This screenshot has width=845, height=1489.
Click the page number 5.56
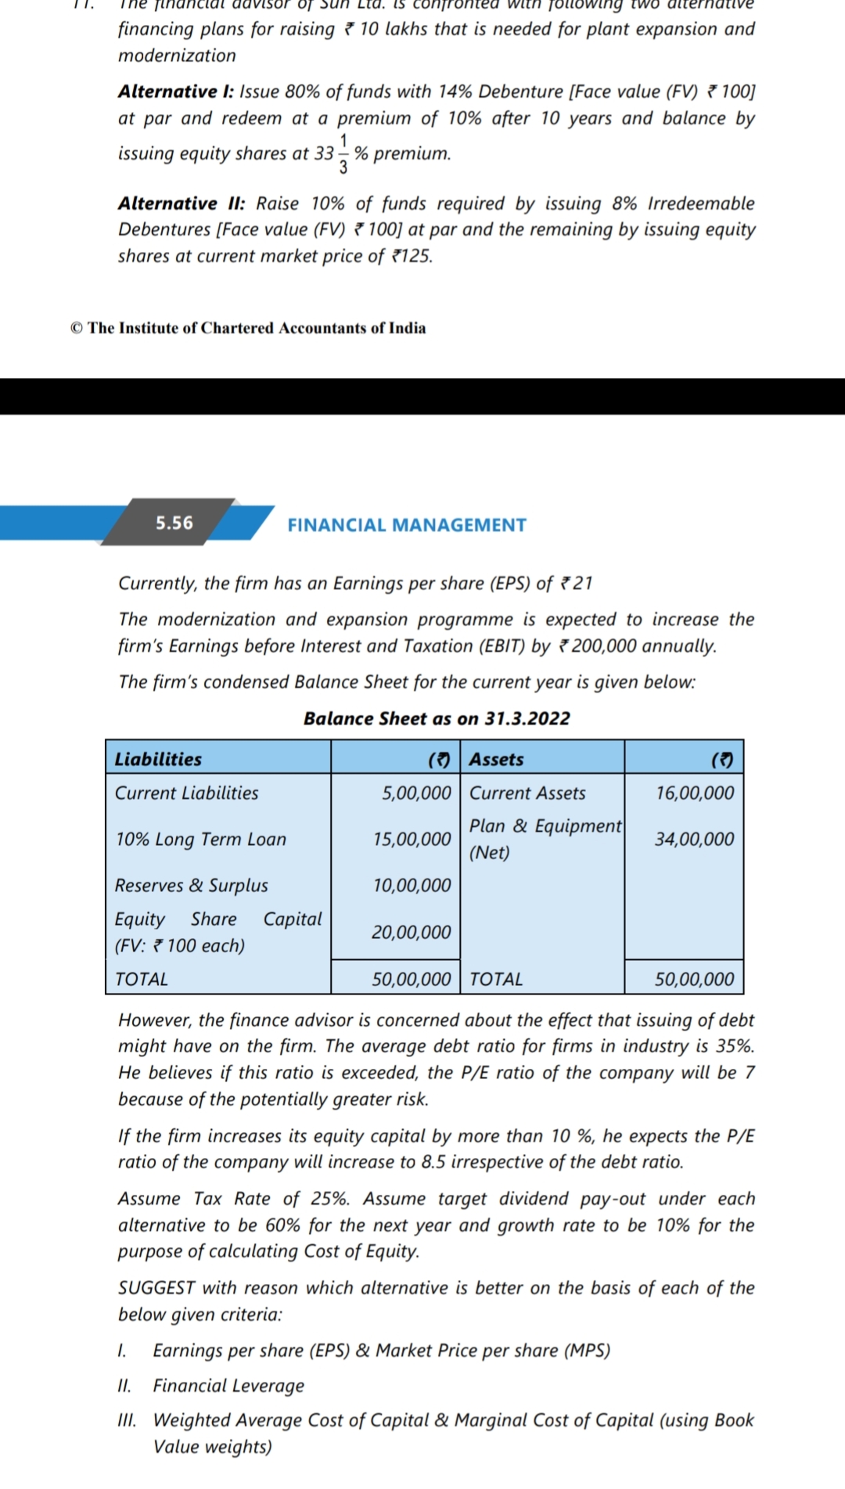(x=174, y=523)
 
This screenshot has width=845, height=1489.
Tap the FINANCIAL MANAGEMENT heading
(x=407, y=525)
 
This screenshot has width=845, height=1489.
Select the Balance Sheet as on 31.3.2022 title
(x=437, y=718)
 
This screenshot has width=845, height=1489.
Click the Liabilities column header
(x=158, y=759)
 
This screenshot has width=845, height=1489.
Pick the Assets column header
(x=497, y=759)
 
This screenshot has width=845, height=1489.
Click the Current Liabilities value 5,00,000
(x=416, y=793)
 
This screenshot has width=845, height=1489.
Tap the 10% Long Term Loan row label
(x=200, y=839)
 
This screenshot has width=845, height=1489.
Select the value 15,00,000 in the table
(x=412, y=839)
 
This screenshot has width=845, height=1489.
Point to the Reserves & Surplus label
(x=191, y=885)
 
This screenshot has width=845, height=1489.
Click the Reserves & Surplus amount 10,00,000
(x=412, y=885)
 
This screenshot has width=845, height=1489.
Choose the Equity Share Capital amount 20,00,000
(x=412, y=932)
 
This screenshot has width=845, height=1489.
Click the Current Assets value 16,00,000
(x=695, y=793)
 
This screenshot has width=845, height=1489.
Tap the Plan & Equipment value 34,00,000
(x=695, y=839)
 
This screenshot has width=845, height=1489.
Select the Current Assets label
(x=527, y=793)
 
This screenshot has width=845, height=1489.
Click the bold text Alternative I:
(x=176, y=92)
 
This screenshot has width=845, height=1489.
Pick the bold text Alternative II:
(x=182, y=203)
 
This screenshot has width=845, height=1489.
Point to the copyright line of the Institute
(x=248, y=328)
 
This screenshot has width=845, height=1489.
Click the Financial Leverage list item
(x=228, y=1386)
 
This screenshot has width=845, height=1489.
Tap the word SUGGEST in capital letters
(x=157, y=1288)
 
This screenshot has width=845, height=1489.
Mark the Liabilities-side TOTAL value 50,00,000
(x=412, y=979)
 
